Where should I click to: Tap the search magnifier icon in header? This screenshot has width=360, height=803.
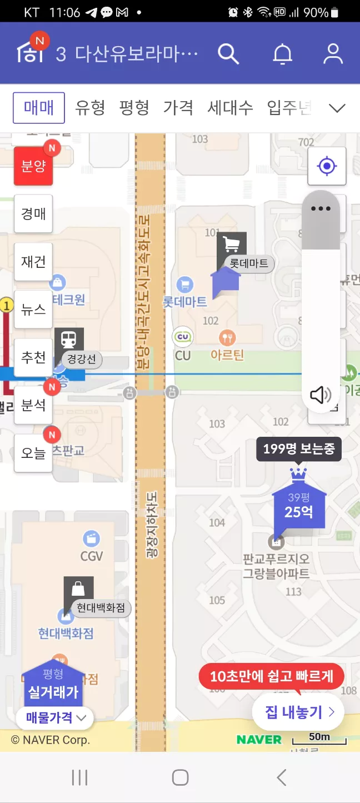click(228, 53)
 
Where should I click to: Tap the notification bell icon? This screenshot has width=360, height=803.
click(282, 53)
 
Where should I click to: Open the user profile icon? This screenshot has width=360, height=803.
click(333, 53)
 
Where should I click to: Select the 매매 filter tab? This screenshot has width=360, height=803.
click(39, 107)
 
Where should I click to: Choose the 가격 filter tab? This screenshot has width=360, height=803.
click(178, 107)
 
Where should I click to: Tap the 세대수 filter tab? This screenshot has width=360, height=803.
click(230, 107)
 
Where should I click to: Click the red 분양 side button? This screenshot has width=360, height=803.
click(33, 166)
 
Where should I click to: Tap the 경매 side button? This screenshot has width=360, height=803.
click(33, 214)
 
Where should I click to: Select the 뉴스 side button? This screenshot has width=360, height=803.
click(33, 310)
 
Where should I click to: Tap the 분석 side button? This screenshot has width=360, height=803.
click(33, 405)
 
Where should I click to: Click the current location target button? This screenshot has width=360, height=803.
click(327, 166)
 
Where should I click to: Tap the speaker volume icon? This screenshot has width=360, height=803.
click(321, 395)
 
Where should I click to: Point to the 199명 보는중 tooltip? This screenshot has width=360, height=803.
click(298, 449)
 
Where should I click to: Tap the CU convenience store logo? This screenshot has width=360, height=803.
click(183, 337)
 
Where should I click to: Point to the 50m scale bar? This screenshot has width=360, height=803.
click(319, 739)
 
